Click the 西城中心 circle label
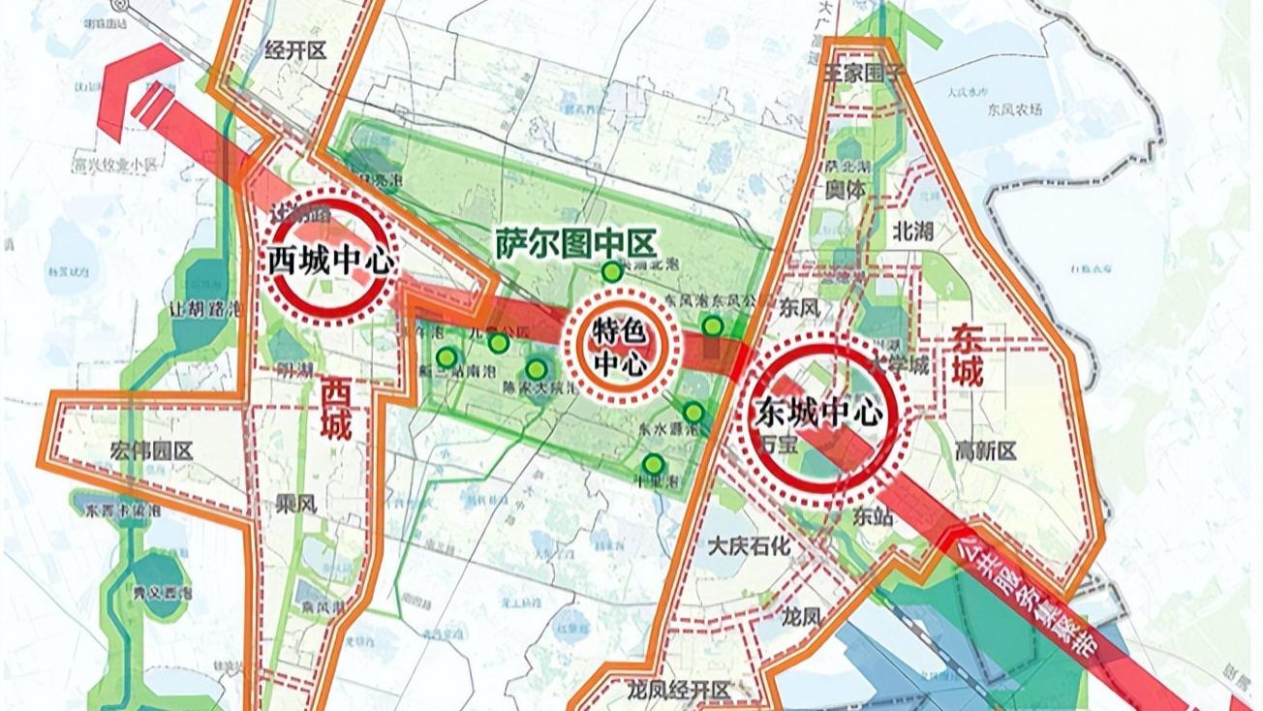pos(331,261)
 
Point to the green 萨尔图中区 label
pos(575,243)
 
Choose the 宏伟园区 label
pos(152,450)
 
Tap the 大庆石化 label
pos(749,545)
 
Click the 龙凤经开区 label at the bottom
pos(677,689)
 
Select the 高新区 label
pos(985,450)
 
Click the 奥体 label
pos(845,191)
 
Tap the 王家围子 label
pos(861,73)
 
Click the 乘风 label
pos(295,505)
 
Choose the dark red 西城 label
pos(336,410)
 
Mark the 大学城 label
pos(899,364)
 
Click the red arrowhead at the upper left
pos(131,82)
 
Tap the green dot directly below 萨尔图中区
pos(611,273)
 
